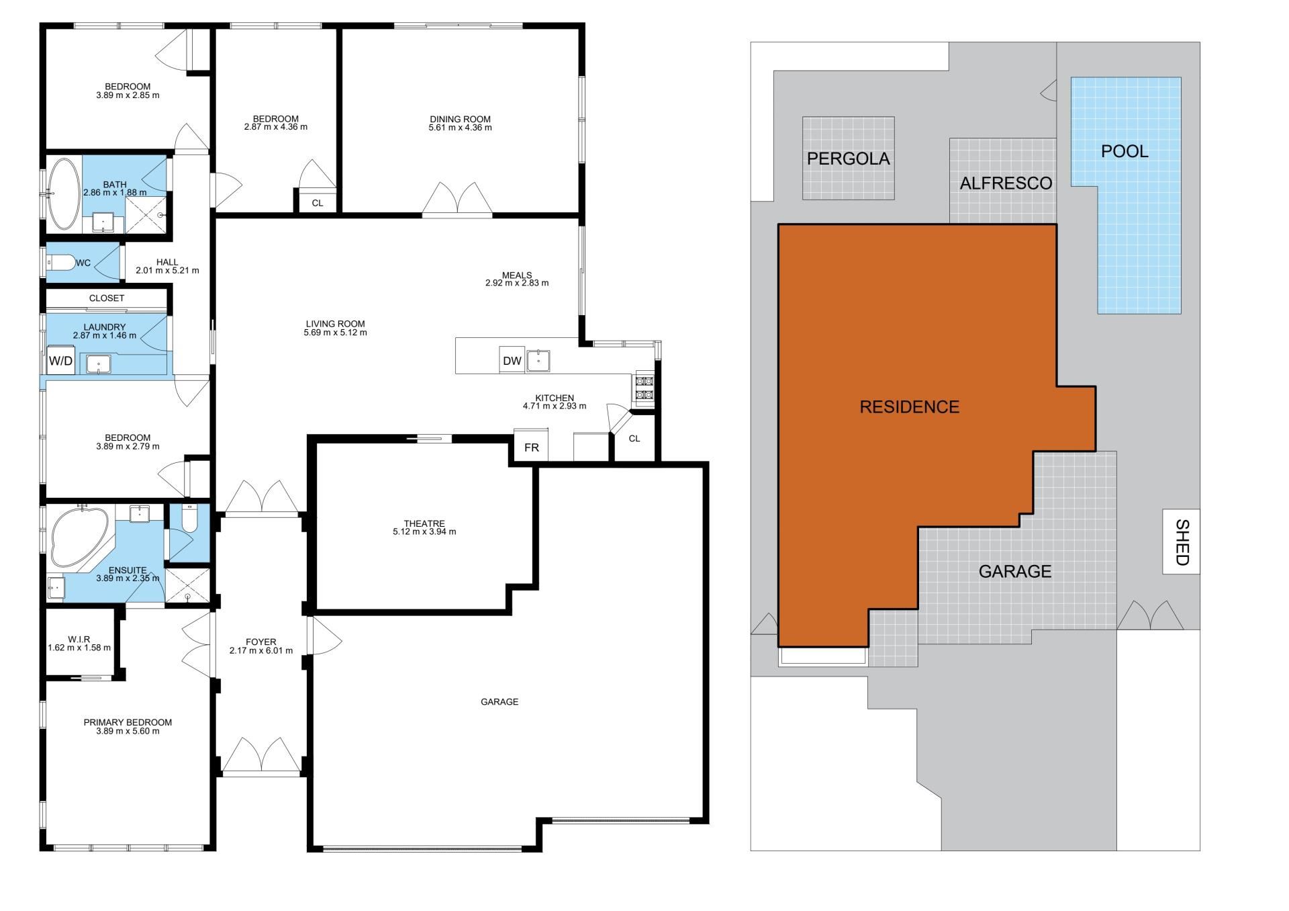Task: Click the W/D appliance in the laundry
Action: pyautogui.click(x=60, y=361)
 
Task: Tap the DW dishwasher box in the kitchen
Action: pyautogui.click(x=512, y=360)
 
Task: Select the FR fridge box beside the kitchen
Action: pyautogui.click(x=532, y=447)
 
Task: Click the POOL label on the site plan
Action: pyautogui.click(x=1125, y=151)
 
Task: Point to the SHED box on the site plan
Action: pyautogui.click(x=1182, y=541)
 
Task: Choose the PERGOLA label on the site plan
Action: pyautogui.click(x=848, y=159)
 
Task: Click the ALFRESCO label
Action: pyautogui.click(x=1006, y=183)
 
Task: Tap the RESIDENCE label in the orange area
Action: pyautogui.click(x=910, y=406)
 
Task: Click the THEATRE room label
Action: pyautogui.click(x=424, y=523)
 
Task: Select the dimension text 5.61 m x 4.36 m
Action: pyautogui.click(x=460, y=128)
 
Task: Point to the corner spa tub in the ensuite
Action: pyautogui.click(x=79, y=538)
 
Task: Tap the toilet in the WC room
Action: pyautogui.click(x=60, y=263)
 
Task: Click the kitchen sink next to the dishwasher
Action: pyautogui.click(x=538, y=360)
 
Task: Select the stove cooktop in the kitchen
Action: pyautogui.click(x=642, y=389)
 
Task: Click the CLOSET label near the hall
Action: pyautogui.click(x=107, y=298)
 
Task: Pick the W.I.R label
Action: pyautogui.click(x=79, y=639)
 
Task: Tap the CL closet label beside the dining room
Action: pyautogui.click(x=318, y=203)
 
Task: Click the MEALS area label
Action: pyautogui.click(x=517, y=275)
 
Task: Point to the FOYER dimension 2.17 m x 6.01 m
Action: pyautogui.click(x=261, y=650)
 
